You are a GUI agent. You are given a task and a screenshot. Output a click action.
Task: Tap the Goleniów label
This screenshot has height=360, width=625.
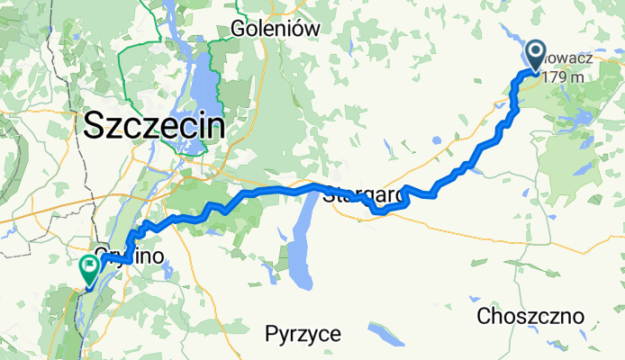[276, 28]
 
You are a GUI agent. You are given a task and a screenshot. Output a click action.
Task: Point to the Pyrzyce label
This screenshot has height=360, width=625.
[303, 335]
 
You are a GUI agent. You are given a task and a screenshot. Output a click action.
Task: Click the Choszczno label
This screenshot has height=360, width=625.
[531, 316]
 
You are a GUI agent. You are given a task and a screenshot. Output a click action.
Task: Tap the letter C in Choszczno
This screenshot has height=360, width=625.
[485, 316]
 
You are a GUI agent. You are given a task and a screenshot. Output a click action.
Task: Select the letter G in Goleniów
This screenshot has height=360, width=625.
[238, 28]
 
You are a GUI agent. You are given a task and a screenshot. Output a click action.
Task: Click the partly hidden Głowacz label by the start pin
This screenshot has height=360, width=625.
[572, 58]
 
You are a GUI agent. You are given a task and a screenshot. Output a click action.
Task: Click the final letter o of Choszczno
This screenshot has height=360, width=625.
[578, 316]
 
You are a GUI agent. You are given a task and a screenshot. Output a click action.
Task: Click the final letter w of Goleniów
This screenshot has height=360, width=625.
[313, 28]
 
